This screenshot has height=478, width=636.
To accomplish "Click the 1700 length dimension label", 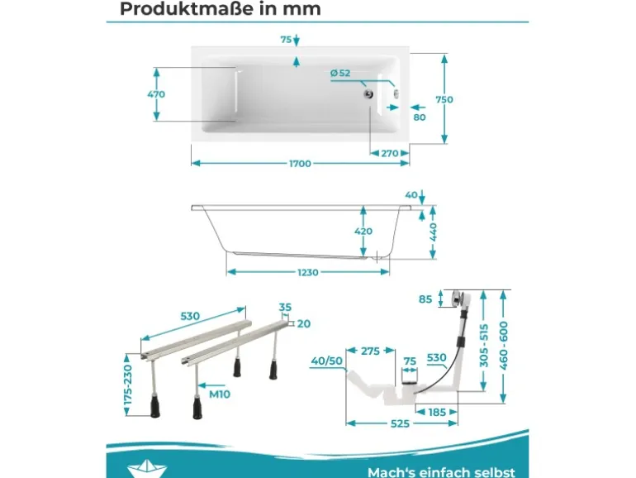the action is pos(300,164).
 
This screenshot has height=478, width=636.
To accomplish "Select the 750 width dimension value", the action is pos(444,99).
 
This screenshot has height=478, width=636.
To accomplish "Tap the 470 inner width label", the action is pos(156,94).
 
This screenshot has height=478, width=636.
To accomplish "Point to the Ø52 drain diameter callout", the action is pos(340,73).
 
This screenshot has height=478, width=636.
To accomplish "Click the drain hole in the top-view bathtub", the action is pos(368,94).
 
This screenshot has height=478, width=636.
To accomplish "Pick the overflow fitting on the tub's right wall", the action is pos(396,93).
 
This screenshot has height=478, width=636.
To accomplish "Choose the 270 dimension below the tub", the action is pos(389,154).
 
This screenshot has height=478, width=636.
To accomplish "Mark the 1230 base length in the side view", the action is pos(308,273).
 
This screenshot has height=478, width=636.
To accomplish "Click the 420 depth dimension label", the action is pos(363,231).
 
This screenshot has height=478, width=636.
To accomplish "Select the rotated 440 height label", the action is pos(433,232).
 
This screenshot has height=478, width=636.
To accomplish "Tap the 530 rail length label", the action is pos(190,316).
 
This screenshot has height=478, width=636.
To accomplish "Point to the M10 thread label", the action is pos(220,394).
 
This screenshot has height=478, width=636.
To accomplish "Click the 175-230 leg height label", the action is pos(128,385).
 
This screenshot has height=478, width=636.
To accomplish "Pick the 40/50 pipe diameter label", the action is pos(326,361).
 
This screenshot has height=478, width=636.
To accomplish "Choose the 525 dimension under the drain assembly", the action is pos(400,423).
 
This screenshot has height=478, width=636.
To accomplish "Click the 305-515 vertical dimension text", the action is pos(484,346).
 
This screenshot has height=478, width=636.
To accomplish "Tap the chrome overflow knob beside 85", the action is pos(456,299).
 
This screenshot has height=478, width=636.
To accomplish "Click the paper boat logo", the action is pos(146,469).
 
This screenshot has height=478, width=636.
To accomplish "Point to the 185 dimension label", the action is pos(437,412).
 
